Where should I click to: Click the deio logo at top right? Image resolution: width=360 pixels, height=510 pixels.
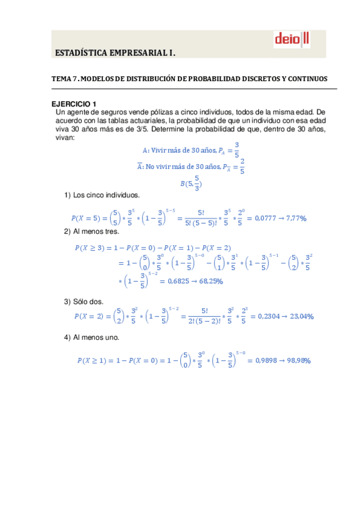click(x=291, y=40)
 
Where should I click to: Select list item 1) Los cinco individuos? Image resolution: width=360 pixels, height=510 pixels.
click(x=102, y=195)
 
